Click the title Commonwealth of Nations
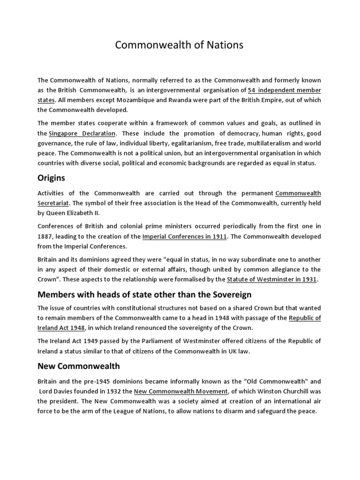(180, 45)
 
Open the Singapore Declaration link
(82, 134)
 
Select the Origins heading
(51, 178)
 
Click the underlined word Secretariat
(53, 202)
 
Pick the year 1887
(45, 236)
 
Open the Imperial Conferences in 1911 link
(185, 236)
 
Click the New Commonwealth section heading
(78, 366)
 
